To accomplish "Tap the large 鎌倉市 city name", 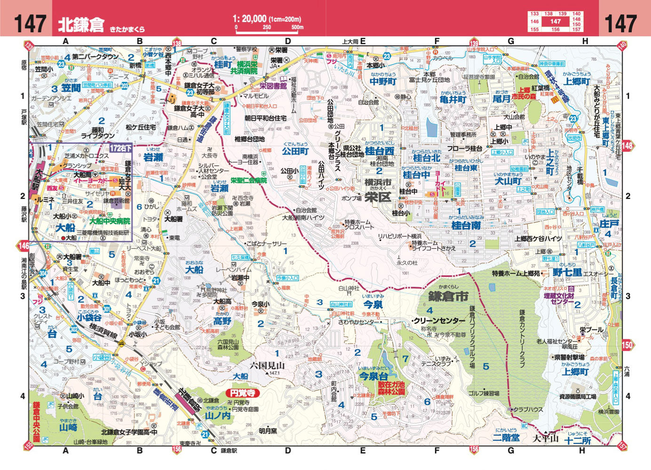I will pyautogui.click(x=448, y=297).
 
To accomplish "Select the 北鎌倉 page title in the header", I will pyautogui.click(x=81, y=24).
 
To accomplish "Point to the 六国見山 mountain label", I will pyautogui.click(x=267, y=365).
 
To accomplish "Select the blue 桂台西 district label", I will pyautogui.click(x=380, y=151).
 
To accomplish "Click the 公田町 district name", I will pyautogui.click(x=295, y=151).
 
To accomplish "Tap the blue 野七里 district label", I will pyautogui.click(x=567, y=273).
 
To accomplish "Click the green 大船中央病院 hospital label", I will pyautogui.click(x=110, y=220).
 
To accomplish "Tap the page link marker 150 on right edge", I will pyautogui.click(x=627, y=345).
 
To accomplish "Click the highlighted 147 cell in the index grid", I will pyautogui.click(x=556, y=21).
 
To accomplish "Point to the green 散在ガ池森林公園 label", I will pyautogui.click(x=391, y=388).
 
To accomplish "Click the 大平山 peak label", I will pyautogui.click(x=545, y=439).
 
